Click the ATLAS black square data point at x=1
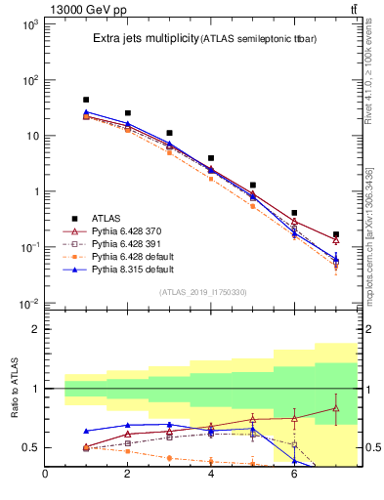[86, 100]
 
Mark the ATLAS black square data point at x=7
[335, 234]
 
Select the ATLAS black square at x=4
[211, 157]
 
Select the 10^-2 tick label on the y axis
[26, 304]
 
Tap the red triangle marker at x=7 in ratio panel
[335, 408]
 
